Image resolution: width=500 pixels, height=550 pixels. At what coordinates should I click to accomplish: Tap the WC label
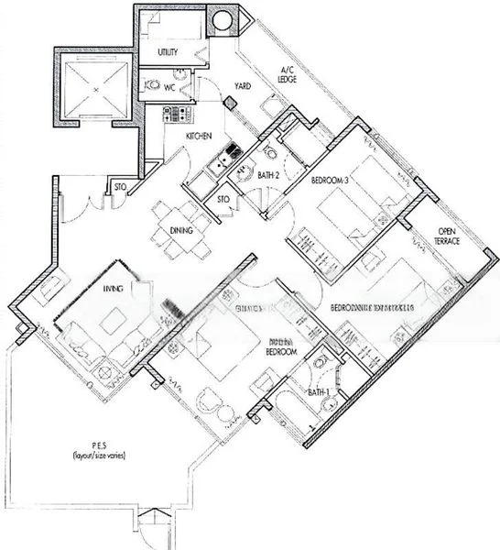[169, 90]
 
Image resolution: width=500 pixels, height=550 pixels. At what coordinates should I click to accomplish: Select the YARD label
[243, 86]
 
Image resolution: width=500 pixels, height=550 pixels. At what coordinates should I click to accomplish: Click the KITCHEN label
[200, 137]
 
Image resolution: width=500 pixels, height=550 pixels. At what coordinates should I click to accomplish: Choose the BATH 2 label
[267, 174]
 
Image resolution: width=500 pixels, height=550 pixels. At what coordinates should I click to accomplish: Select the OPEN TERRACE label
[447, 236]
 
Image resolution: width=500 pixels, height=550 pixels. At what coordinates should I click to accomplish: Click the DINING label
[180, 231]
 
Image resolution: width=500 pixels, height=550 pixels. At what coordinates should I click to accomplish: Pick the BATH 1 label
[318, 393]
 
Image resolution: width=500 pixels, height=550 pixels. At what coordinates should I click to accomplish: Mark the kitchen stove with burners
[172, 115]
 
